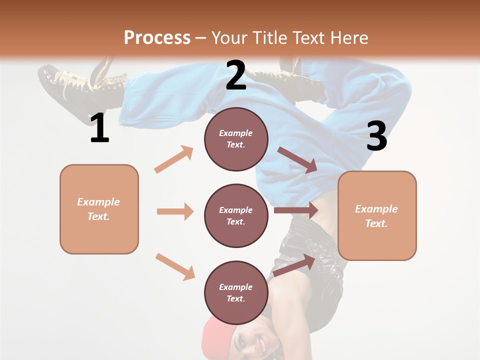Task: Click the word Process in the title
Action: tap(157, 37)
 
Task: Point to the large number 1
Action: tap(99, 128)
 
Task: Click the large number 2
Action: tap(236, 75)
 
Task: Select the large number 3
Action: tap(376, 136)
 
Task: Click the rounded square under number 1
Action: tap(99, 209)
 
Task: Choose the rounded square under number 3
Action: tap(377, 215)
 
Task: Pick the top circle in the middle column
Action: tap(236, 139)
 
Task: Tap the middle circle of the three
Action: tap(236, 215)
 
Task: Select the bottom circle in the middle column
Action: tap(236, 292)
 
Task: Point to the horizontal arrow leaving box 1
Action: tap(175, 211)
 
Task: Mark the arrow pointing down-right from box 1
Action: tap(175, 266)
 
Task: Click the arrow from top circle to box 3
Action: tap(297, 160)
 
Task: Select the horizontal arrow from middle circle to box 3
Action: tap(295, 210)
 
